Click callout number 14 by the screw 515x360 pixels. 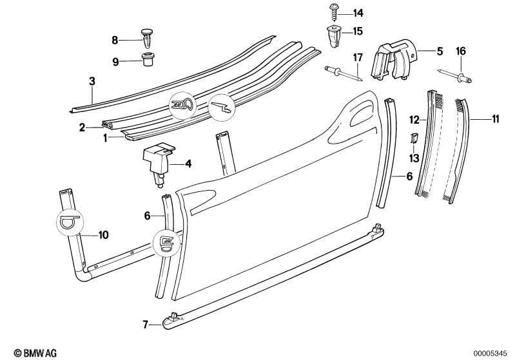point(358,13)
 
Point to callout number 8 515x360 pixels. point(115,40)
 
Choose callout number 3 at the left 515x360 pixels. point(92,81)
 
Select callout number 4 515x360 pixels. point(189,164)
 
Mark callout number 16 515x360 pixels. point(460,51)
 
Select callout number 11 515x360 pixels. point(495,118)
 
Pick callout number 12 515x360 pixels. point(415,118)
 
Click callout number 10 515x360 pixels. point(104,234)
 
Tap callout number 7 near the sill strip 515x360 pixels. point(146,325)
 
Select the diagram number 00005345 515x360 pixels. point(493,353)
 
